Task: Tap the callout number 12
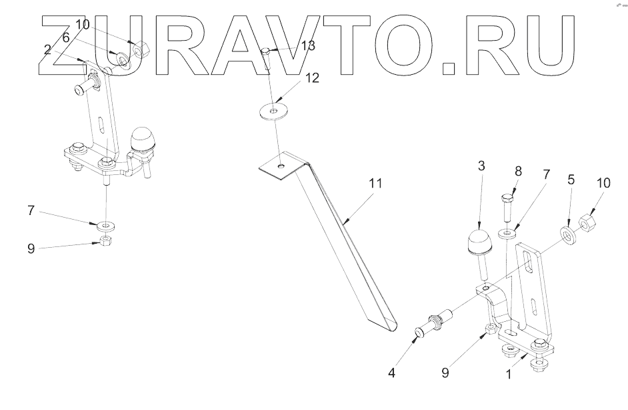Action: pos(311,77)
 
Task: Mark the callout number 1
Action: pos(509,375)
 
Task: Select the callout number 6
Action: pos(66,38)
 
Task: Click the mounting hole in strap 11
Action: pos(282,164)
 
